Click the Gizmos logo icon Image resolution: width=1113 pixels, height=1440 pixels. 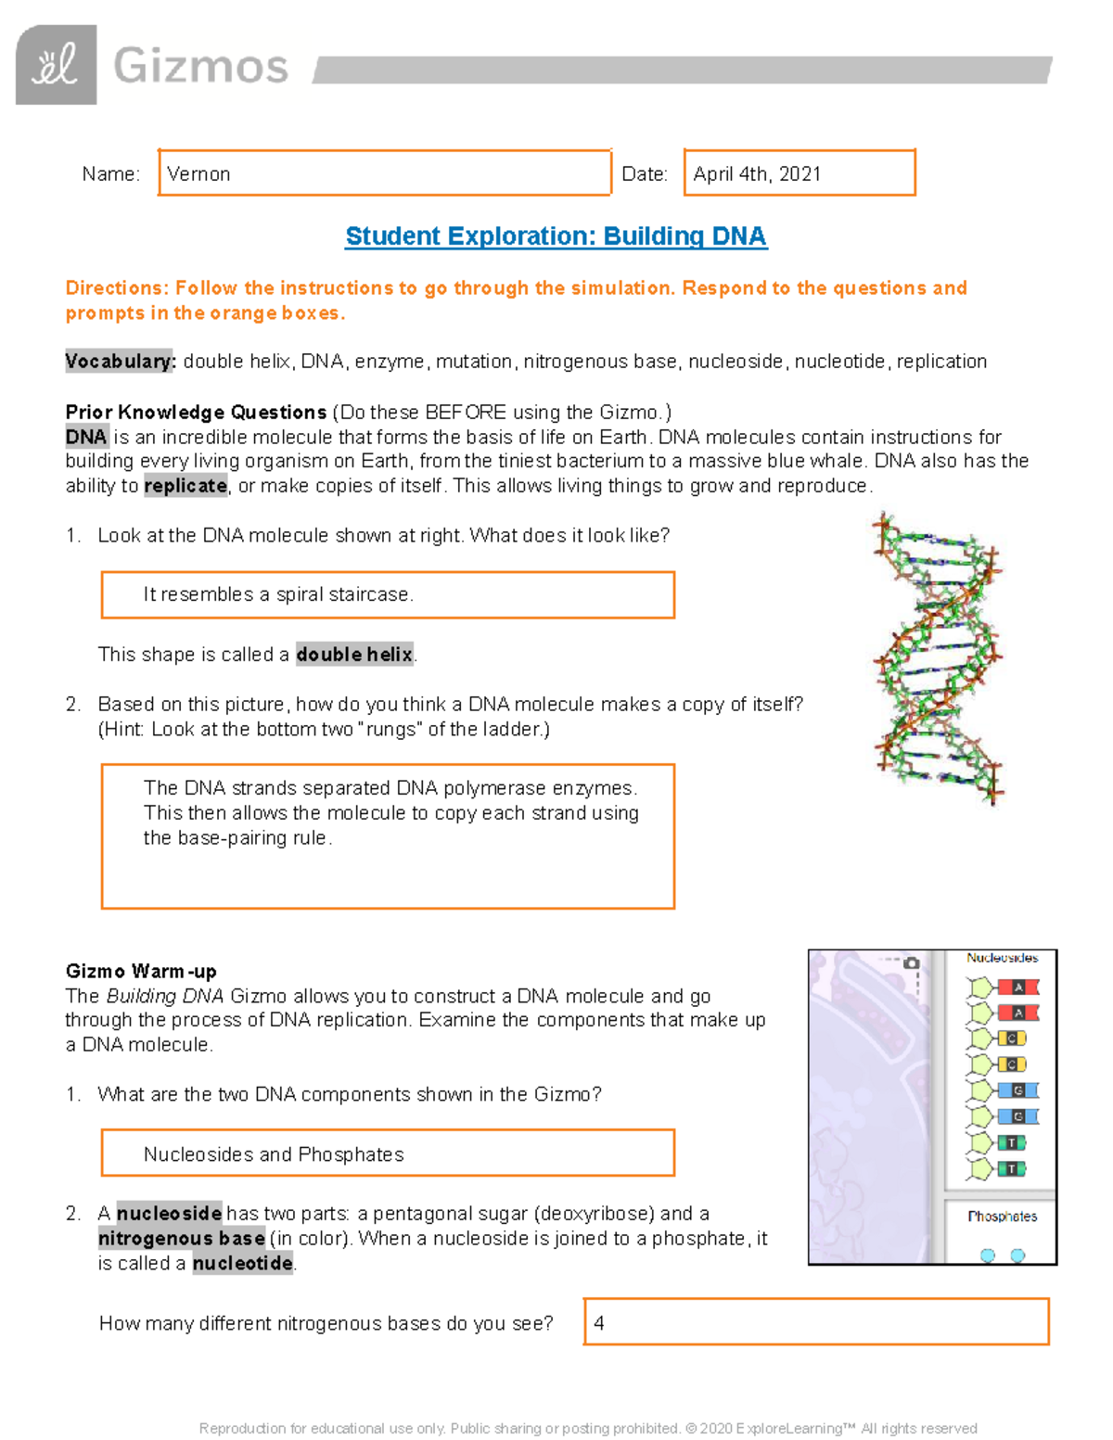point(56,65)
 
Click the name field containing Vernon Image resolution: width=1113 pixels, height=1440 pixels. point(384,173)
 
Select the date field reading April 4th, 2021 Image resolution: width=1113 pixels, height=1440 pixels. point(799,173)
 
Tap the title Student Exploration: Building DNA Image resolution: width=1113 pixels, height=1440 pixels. point(556,236)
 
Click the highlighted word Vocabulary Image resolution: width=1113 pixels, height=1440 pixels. point(120,362)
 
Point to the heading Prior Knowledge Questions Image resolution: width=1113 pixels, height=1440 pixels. point(196,412)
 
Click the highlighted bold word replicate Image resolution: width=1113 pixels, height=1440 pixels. point(185,486)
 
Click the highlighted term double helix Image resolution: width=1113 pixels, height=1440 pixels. point(354,655)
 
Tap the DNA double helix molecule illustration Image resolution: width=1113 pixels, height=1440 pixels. point(938,659)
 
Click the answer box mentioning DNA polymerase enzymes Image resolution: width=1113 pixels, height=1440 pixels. point(387,835)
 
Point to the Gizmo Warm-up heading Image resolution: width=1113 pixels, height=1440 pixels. point(141,971)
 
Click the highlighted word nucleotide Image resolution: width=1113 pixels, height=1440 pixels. point(243,1263)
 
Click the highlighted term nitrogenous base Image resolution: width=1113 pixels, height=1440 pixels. point(182,1238)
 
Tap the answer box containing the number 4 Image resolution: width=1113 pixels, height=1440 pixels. point(815,1322)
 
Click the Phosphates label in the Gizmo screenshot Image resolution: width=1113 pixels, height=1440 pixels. point(1002,1216)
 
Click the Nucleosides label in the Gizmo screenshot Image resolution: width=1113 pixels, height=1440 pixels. point(1002,958)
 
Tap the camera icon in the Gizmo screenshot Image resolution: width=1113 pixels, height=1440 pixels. point(911,963)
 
